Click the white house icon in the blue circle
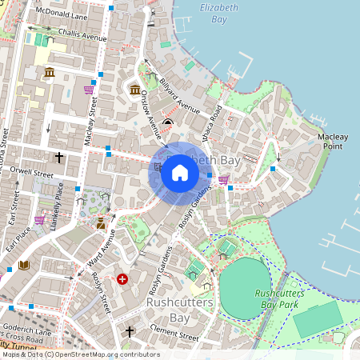(x=180, y=173)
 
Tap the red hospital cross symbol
(x=122, y=279)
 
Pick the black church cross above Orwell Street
(x=58, y=158)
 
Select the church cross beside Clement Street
(x=130, y=330)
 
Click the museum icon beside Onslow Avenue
(x=134, y=89)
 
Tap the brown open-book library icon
(x=24, y=265)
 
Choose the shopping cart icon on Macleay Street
(x=89, y=90)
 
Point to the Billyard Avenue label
(x=178, y=98)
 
